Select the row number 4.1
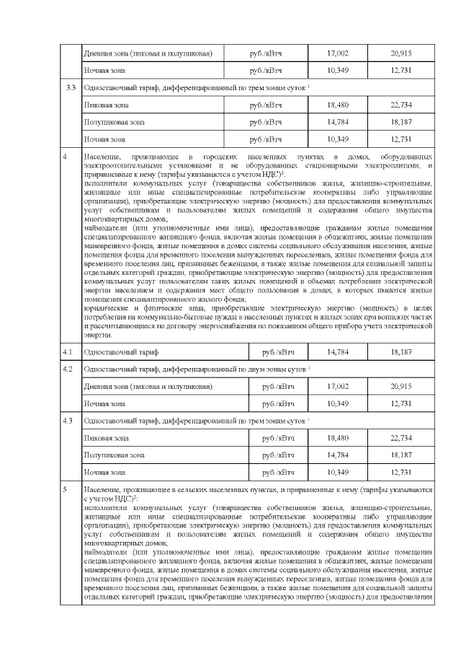click(x=67, y=351)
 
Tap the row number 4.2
click(x=67, y=369)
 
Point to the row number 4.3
click(x=67, y=420)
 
